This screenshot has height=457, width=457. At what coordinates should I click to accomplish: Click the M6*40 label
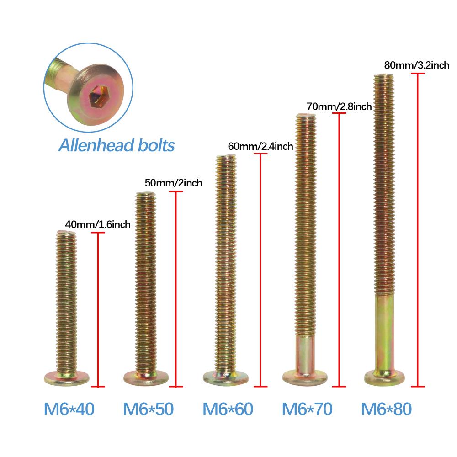tap(69, 409)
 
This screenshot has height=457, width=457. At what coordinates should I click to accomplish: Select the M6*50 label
tap(149, 409)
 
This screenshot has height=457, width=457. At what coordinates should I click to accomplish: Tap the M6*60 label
tap(228, 409)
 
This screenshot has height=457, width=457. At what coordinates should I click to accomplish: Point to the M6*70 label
tap(307, 409)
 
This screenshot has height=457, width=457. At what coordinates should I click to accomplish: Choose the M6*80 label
tap(387, 409)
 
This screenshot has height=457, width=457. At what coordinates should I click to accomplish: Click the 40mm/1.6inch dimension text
tap(98, 224)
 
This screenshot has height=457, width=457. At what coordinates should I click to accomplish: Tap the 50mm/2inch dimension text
tap(173, 183)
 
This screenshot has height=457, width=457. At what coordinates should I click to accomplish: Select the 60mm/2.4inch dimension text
tap(260, 146)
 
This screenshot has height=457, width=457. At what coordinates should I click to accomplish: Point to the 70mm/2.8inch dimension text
tap(339, 106)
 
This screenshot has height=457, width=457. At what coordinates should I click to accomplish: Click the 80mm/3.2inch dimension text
tap(417, 65)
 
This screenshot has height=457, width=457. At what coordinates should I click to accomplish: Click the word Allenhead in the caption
tap(96, 145)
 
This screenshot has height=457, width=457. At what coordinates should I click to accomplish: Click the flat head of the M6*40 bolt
tap(67, 378)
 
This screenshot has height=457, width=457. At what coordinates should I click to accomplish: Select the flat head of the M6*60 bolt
tap(226, 377)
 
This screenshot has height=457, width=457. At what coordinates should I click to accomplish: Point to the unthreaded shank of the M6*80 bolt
tap(384, 332)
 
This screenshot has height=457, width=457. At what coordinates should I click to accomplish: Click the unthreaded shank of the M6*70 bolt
tap(305, 353)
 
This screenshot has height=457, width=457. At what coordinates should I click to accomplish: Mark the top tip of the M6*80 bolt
tap(384, 75)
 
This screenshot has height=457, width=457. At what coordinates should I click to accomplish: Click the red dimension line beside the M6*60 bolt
tap(260, 270)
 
